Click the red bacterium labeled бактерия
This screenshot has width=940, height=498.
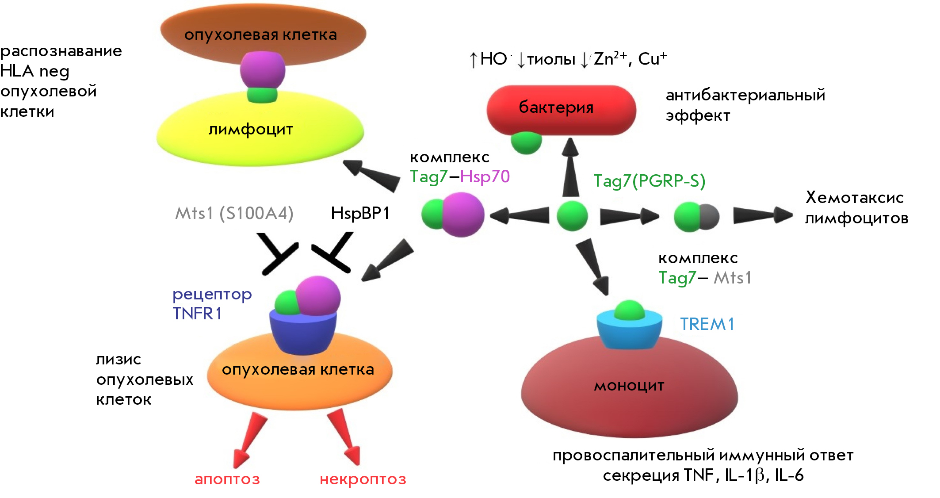561,110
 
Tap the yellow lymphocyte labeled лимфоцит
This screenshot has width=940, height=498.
260,130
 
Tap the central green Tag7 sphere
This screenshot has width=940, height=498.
572,216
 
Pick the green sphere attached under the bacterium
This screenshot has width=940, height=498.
526,143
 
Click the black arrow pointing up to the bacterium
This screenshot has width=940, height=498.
570,167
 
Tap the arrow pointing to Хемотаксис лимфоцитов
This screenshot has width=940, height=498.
763,215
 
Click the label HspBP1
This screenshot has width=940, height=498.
360,213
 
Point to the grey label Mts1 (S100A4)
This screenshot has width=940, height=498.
234,213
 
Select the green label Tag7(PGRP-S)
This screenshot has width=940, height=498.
649,181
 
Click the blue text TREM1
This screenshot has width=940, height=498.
707,324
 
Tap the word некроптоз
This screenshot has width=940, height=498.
363,479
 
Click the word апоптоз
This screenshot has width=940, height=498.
227,479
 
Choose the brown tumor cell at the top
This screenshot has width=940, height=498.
263,34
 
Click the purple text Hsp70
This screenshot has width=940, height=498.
485,176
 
